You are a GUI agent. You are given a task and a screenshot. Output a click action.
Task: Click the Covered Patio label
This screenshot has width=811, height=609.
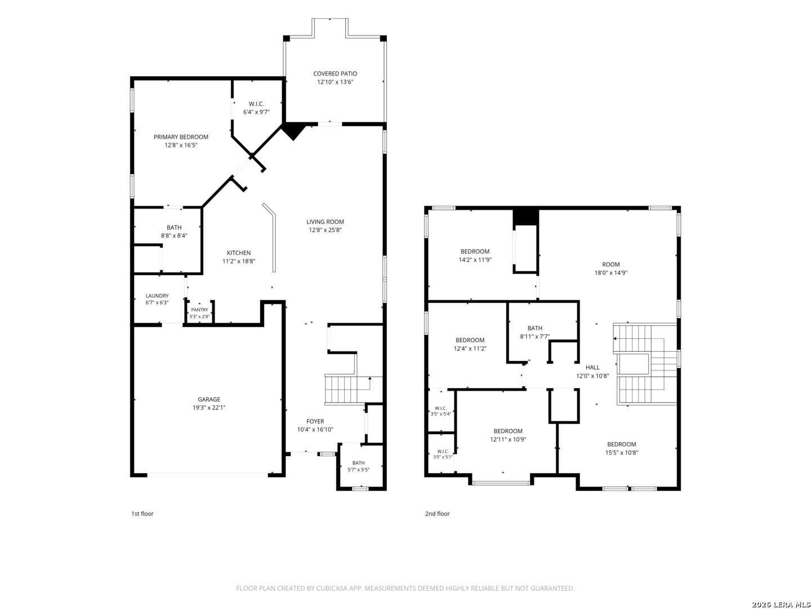point(335,73)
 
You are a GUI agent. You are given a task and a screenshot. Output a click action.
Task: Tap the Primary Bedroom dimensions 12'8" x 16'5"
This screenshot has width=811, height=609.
point(181,145)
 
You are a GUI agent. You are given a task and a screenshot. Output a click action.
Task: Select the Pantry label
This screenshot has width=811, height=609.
point(199,310)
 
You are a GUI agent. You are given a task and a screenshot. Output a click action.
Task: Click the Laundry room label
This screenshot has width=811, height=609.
point(157,296)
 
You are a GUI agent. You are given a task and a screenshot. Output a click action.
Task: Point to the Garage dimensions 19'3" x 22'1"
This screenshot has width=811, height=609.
point(209,408)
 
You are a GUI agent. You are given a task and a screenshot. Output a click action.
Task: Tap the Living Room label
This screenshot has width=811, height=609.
point(325,222)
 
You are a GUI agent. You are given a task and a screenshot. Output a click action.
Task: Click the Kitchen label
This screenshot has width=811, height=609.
point(239,253)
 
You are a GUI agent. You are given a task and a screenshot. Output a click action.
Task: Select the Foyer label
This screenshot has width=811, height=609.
point(315,421)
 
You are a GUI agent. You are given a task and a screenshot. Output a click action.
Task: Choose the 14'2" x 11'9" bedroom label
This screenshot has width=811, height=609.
point(475,255)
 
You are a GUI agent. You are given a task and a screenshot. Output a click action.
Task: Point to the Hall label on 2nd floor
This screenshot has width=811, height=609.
point(592,367)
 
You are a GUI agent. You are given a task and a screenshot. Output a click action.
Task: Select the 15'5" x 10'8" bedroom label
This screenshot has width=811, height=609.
point(621,448)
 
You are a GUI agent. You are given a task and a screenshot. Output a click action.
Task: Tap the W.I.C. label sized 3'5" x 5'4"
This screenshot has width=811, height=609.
point(441,411)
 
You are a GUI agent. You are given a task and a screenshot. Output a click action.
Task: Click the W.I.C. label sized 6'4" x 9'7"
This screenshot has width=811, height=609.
point(256,108)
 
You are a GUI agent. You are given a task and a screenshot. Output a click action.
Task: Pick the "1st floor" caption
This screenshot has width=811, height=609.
point(142,514)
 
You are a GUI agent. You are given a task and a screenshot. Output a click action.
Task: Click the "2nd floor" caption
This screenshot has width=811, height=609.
point(438,514)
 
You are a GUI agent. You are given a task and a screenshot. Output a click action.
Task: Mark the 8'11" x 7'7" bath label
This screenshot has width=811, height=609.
point(535,333)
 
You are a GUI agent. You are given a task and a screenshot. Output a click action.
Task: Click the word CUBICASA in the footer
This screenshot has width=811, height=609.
point(331,588)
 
